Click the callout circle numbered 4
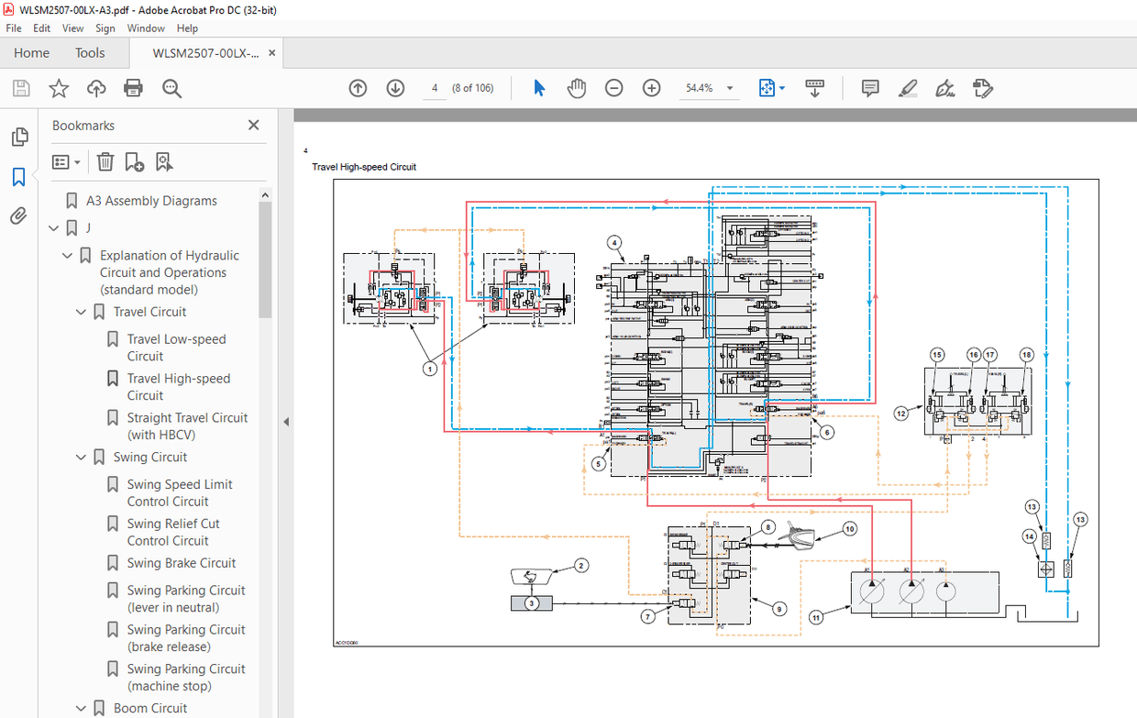point(614,243)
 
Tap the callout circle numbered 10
point(850,529)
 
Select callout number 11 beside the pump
point(816,618)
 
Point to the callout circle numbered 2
point(581,566)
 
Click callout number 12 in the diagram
point(901,414)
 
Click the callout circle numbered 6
point(827,432)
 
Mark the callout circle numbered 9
point(779,608)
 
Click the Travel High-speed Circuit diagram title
point(364,167)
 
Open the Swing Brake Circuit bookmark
point(182,563)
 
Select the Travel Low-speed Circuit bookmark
point(176,348)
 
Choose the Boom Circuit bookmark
point(150,708)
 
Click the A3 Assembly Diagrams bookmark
point(151,201)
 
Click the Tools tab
point(90,53)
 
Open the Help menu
point(187,28)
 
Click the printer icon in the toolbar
point(133,88)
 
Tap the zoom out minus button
point(614,88)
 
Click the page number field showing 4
point(435,88)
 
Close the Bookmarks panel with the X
point(254,126)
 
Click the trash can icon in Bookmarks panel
point(105,162)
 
